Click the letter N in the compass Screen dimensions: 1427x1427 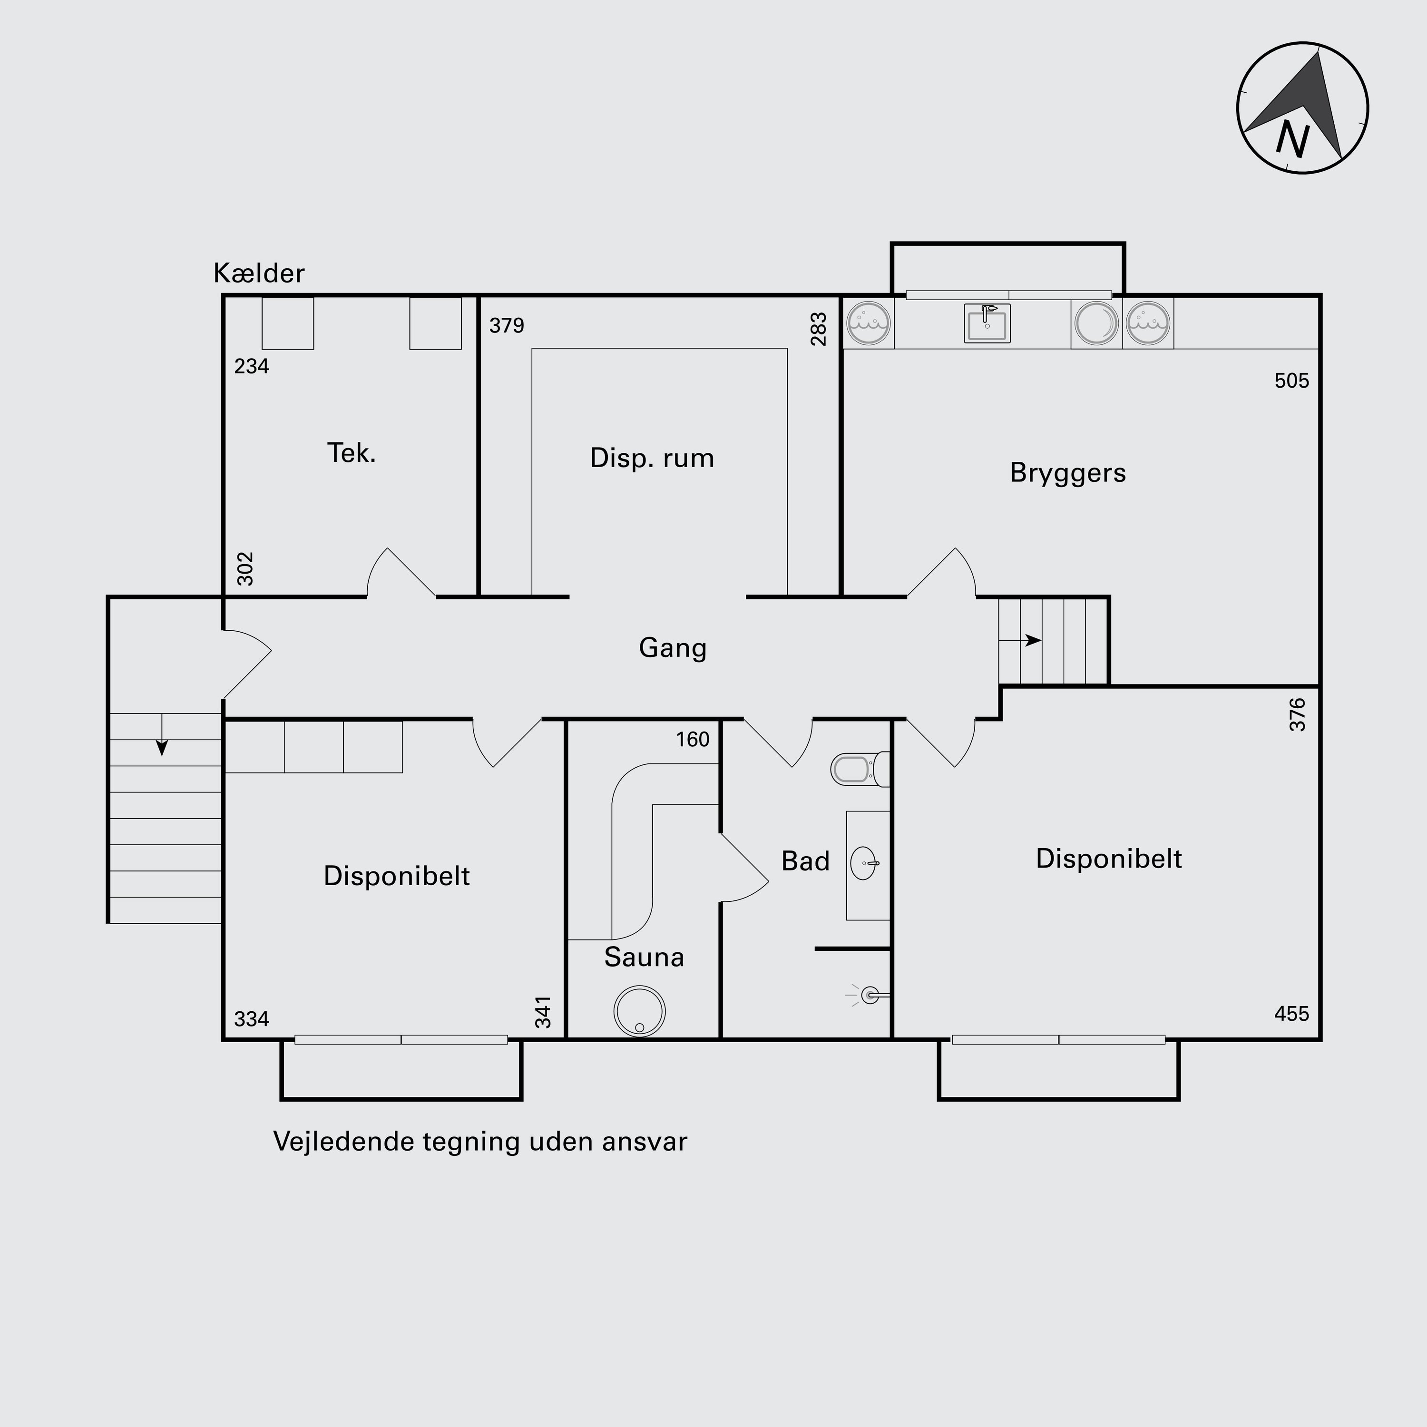pos(1292,139)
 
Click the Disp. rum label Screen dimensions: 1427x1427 pos(652,458)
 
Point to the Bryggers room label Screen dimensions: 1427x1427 pos(1068,473)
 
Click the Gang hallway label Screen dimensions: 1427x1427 pos(673,648)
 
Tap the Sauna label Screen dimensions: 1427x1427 pos(644,957)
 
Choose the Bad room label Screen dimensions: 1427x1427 pos(806,861)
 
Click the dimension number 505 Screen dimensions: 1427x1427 pos(1292,381)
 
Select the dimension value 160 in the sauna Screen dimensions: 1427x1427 pos(693,739)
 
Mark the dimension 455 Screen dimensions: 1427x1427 pos(1292,1014)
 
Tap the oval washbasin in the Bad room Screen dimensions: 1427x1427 pos(865,863)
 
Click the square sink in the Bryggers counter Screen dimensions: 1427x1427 pos(987,323)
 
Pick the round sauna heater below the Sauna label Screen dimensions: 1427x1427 pos(640,1011)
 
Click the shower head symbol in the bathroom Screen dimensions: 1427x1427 pos(869,995)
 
